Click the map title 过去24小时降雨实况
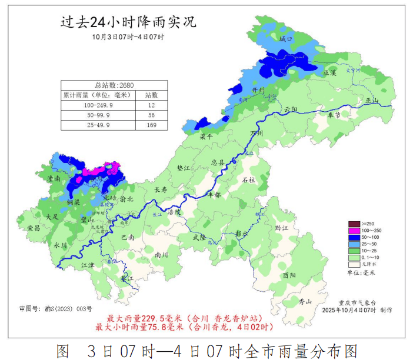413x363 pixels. point(128,22)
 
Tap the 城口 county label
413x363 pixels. point(286,39)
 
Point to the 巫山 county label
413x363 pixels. point(373,101)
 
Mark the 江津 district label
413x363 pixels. point(88,265)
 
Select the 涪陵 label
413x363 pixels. point(174,211)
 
